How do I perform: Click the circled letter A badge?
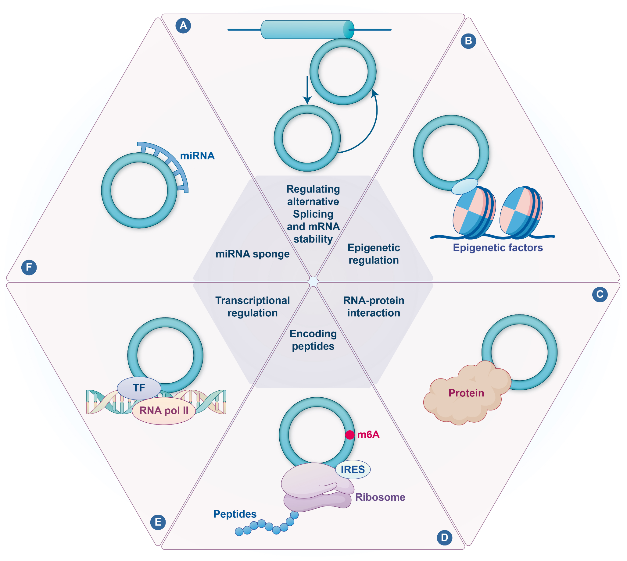(x=183, y=25)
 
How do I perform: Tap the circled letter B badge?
(x=468, y=41)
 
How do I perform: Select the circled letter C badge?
(x=600, y=294)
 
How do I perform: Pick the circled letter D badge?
(x=444, y=538)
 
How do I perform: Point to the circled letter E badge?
(x=158, y=522)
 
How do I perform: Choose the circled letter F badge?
(x=29, y=267)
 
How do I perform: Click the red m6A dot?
(x=349, y=435)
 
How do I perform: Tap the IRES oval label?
(x=353, y=470)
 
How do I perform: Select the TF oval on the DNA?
(x=139, y=388)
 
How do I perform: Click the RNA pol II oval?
(x=164, y=410)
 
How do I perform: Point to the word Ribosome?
(x=380, y=497)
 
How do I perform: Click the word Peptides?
(x=235, y=514)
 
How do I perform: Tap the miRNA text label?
(x=197, y=156)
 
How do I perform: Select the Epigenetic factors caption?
(x=497, y=247)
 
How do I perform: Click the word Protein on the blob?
(x=466, y=393)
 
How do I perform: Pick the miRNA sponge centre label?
(x=252, y=254)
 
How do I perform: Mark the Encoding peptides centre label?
(x=313, y=340)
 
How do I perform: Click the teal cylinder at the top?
(x=307, y=30)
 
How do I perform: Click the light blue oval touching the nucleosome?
(x=464, y=186)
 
